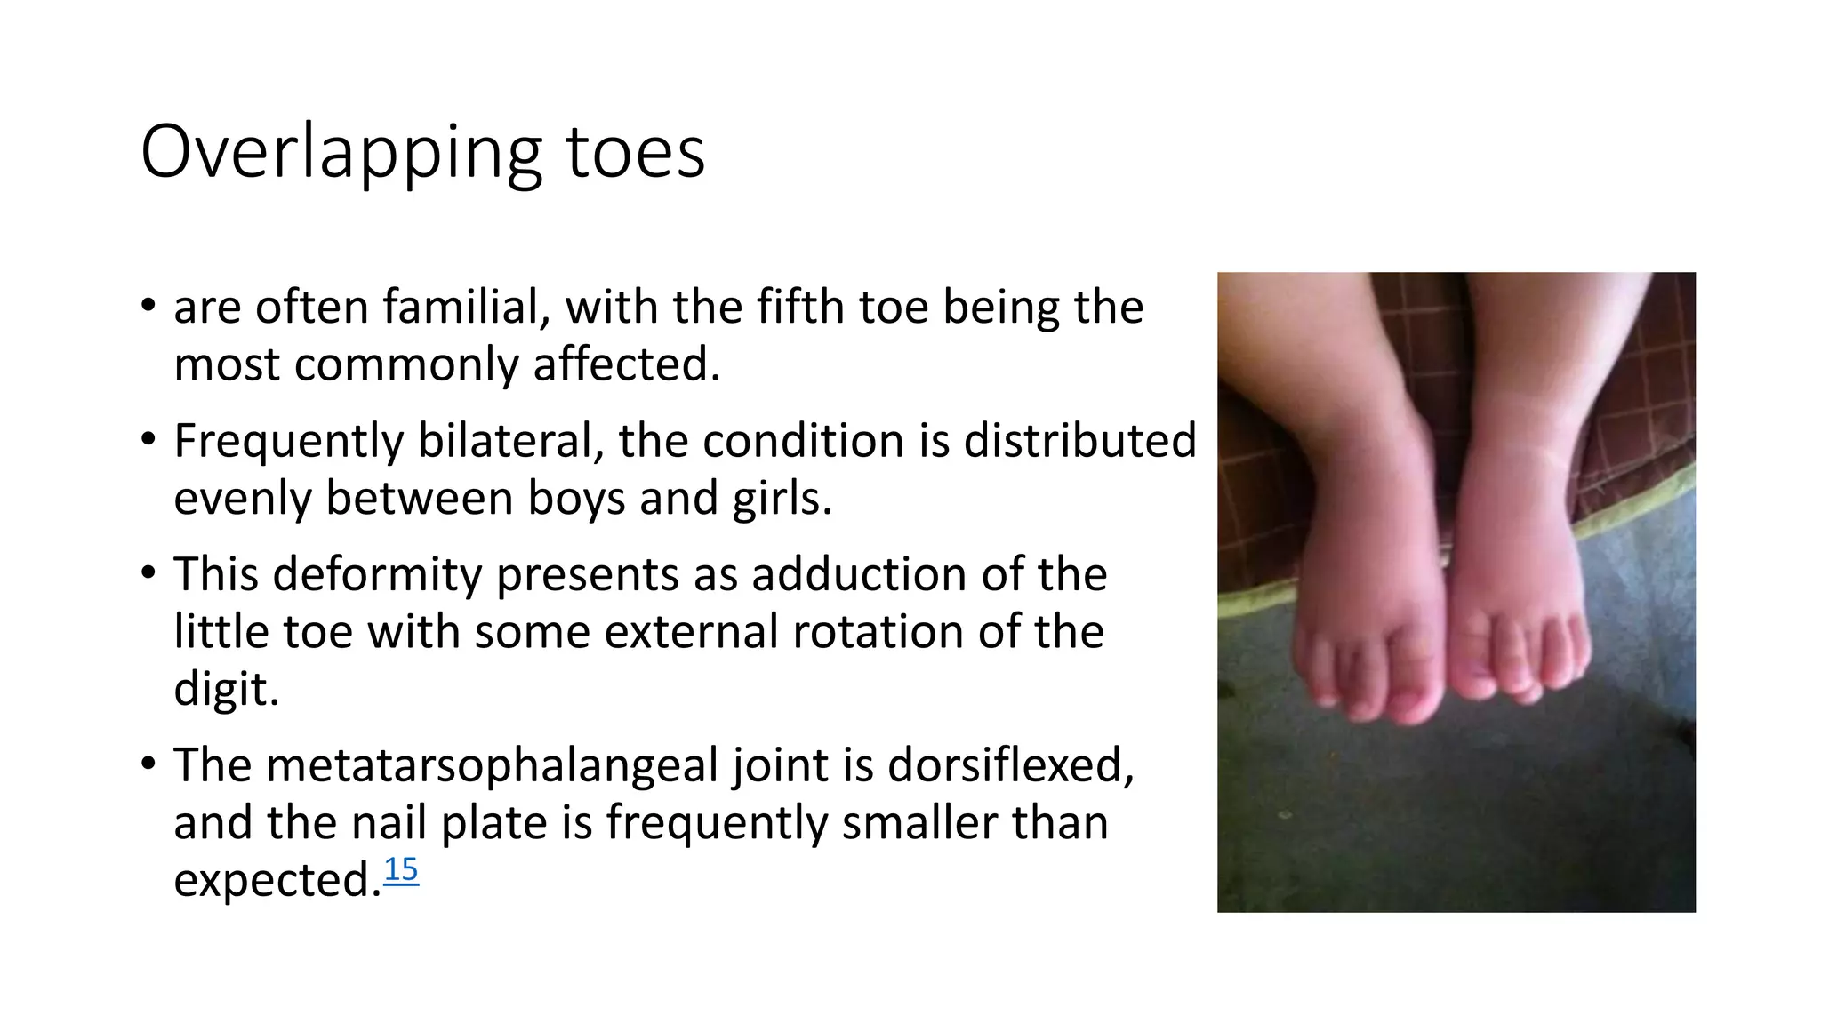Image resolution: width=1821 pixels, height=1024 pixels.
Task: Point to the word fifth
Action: point(801,308)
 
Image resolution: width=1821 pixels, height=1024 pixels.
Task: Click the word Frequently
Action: point(288,442)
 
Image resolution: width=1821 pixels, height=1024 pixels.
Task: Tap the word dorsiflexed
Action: point(1010,765)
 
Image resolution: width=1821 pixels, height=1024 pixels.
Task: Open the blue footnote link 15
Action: point(400,869)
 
